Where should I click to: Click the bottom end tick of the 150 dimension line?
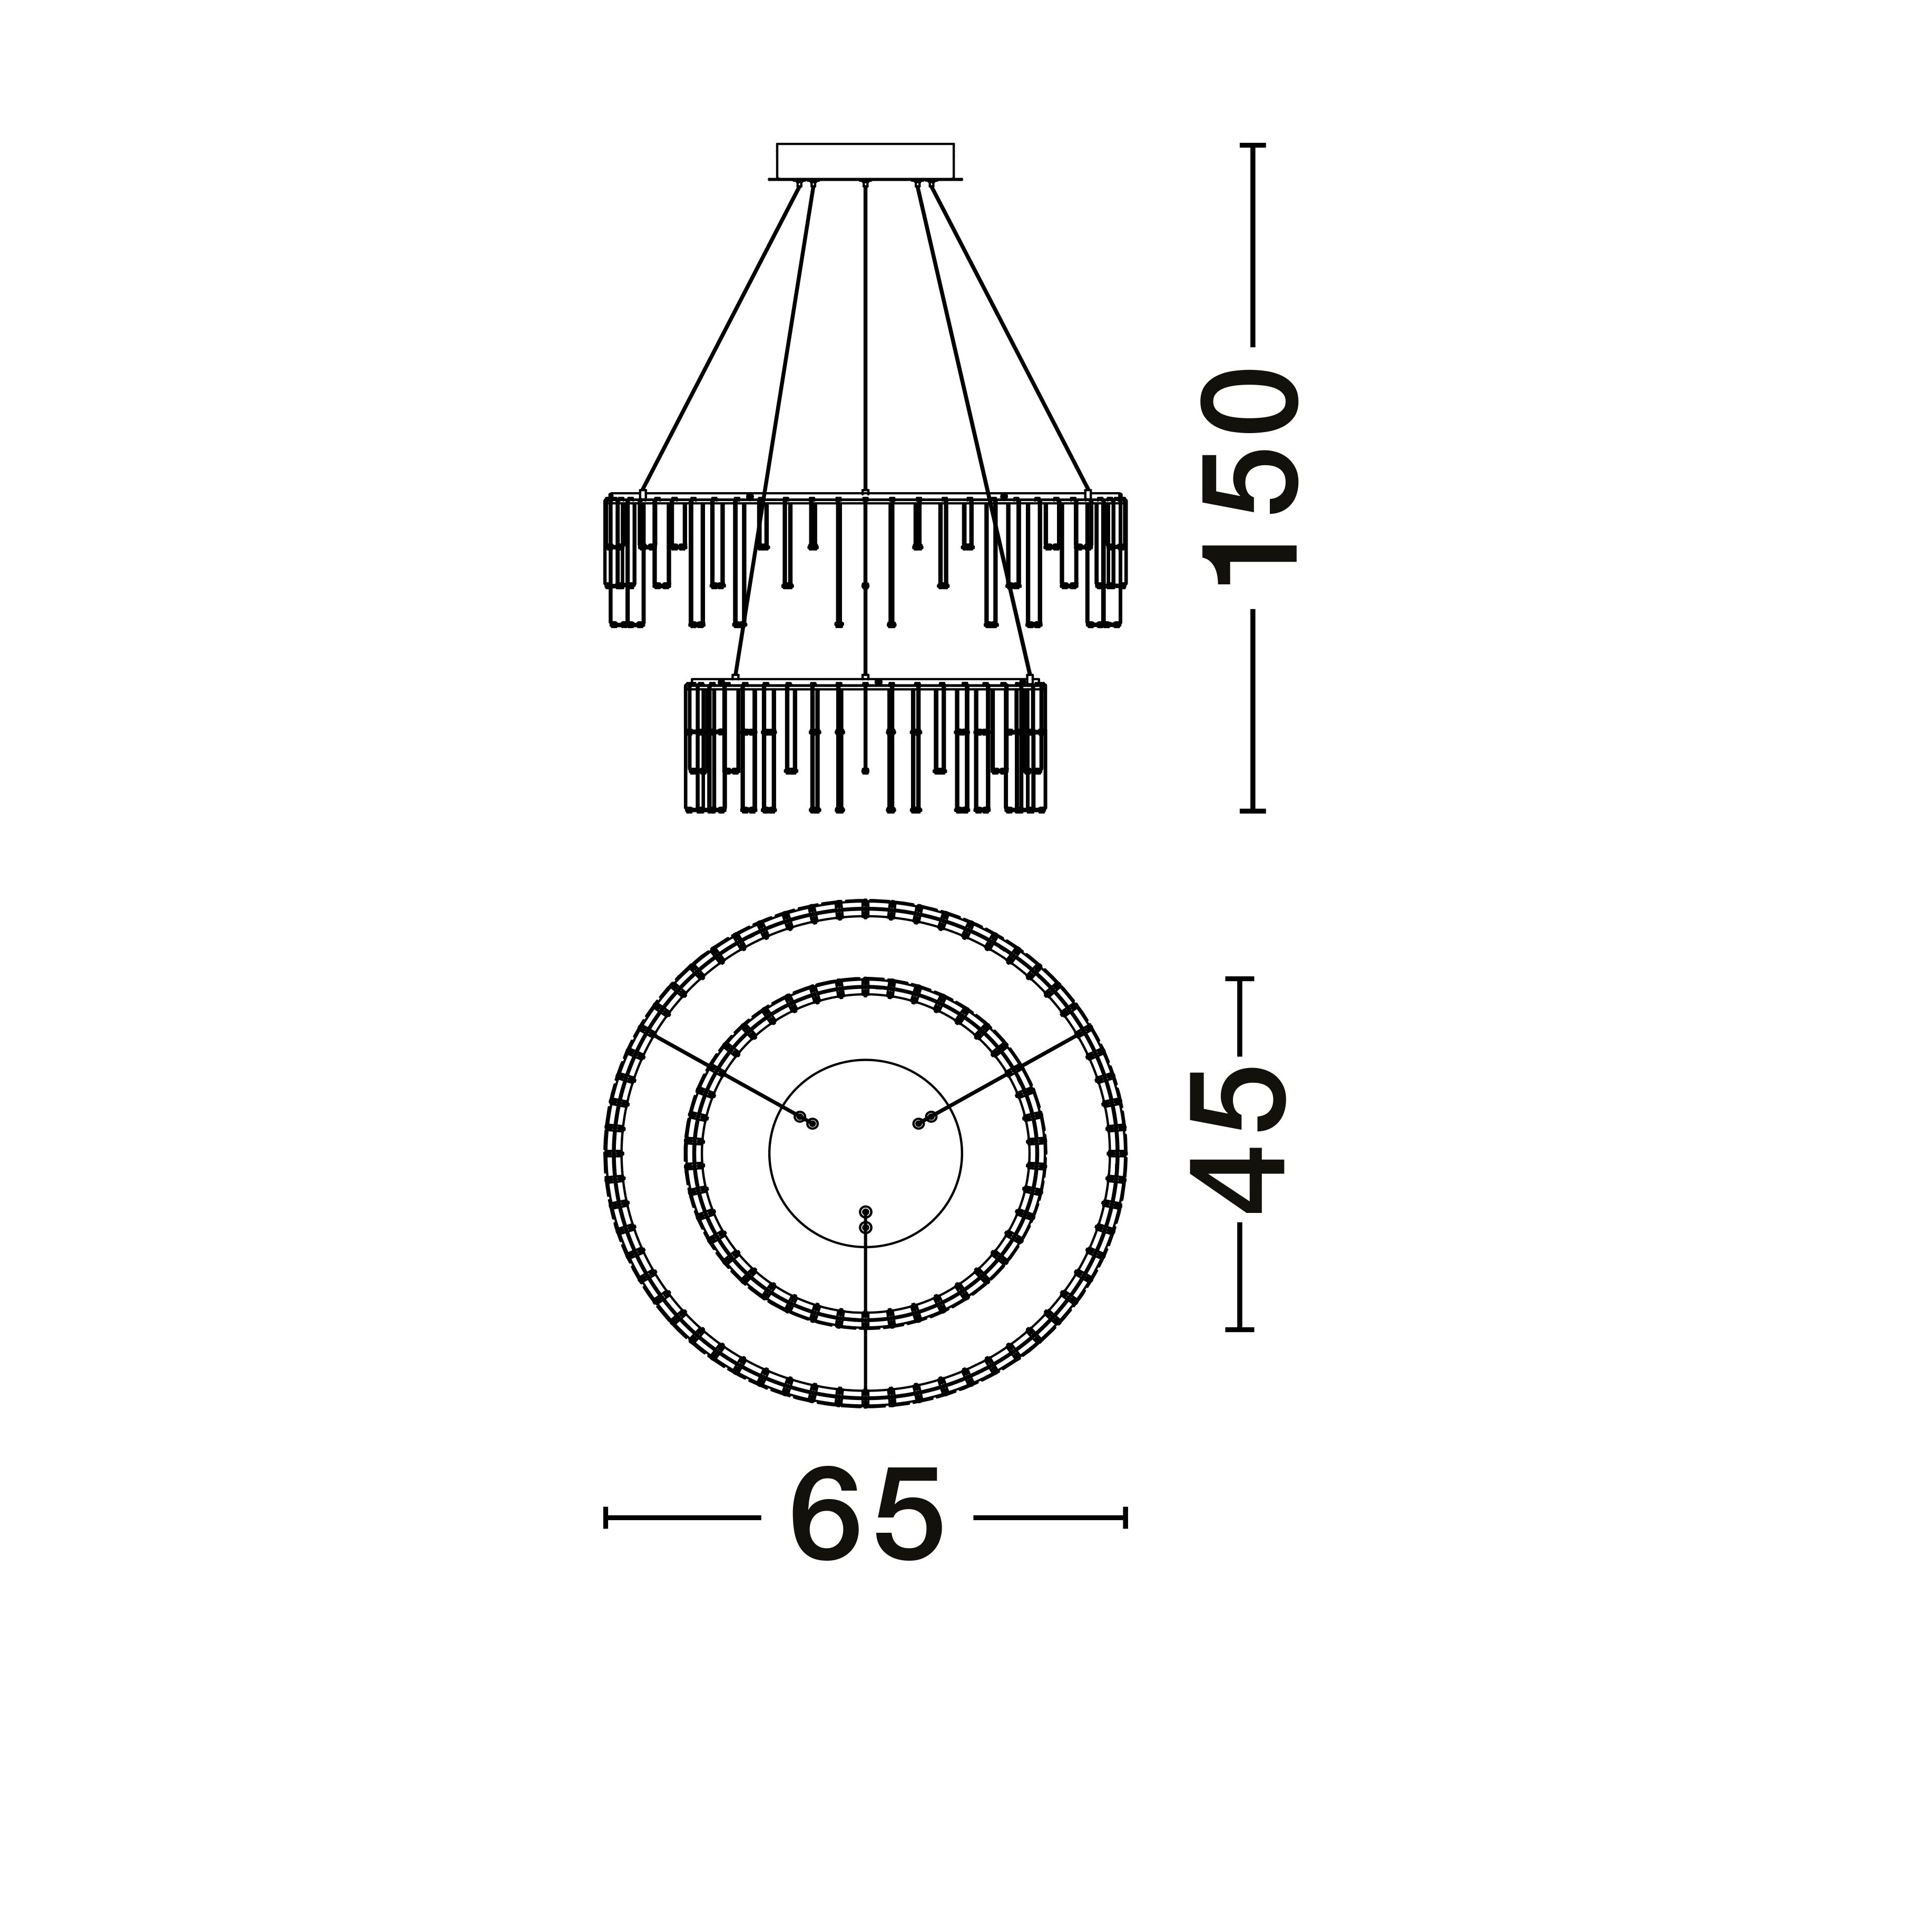point(1252,811)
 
